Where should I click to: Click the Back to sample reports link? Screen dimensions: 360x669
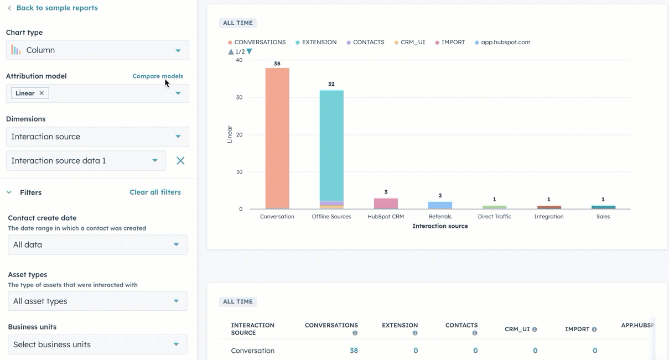(x=56, y=8)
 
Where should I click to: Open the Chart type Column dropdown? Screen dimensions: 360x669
(x=97, y=50)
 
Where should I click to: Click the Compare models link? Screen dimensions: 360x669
(x=158, y=76)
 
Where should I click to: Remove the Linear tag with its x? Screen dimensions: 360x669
(x=42, y=93)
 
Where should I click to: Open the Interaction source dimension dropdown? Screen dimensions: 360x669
(x=97, y=137)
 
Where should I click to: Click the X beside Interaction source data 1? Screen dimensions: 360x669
(x=180, y=161)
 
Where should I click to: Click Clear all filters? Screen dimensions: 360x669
(x=155, y=192)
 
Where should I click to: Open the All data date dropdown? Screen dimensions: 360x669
(x=97, y=244)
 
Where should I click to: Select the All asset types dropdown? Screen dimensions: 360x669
(x=97, y=301)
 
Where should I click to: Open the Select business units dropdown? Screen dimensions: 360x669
(x=97, y=345)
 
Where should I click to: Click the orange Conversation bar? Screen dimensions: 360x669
(x=277, y=138)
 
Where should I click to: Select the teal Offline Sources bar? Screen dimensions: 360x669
(x=331, y=144)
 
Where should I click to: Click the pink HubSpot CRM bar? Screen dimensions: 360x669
(x=386, y=203)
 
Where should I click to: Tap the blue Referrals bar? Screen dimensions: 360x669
(x=440, y=205)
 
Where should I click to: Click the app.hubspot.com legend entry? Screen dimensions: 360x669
(x=505, y=42)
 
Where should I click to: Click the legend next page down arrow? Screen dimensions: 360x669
(x=250, y=51)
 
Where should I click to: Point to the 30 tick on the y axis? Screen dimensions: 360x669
(x=239, y=97)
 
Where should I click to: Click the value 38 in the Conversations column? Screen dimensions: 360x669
(x=354, y=351)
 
